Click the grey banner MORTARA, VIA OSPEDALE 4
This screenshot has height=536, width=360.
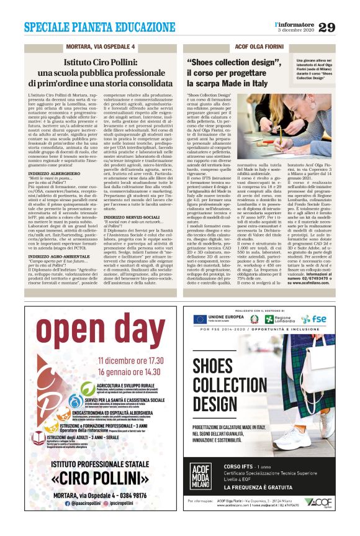[101, 47]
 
